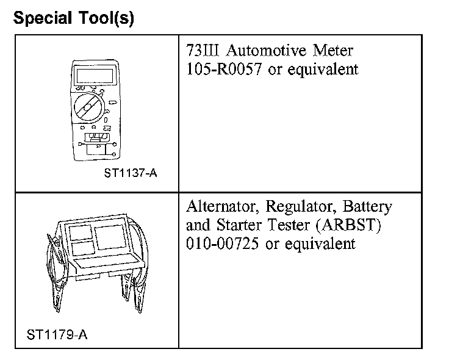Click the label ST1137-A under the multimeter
coord(131,173)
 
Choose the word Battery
coord(367,206)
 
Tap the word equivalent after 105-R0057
coord(322,69)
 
